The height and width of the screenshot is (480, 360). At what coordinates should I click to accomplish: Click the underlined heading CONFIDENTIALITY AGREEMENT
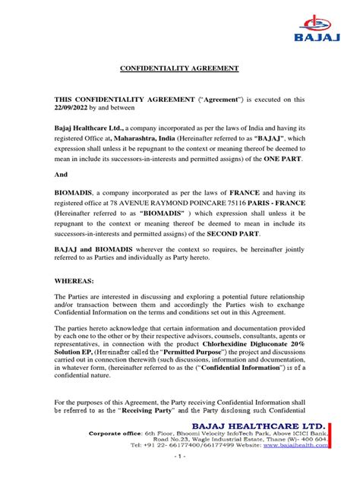click(x=180, y=68)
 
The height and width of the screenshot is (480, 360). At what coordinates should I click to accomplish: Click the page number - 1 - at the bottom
click(x=179, y=471)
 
